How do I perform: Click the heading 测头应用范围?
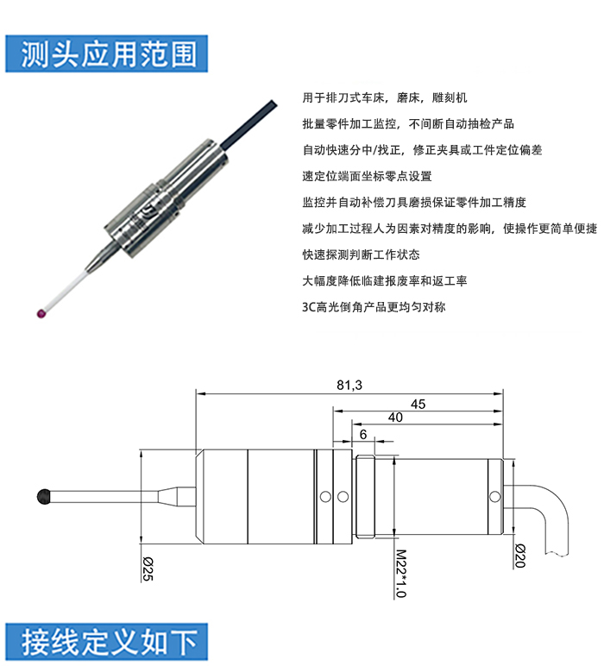tap(109, 54)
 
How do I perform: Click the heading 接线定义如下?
tap(110, 642)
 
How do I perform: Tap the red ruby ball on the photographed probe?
tap(41, 313)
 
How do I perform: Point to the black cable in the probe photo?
tap(249, 123)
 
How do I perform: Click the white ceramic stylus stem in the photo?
tap(66, 290)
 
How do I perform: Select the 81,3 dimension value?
tap(349, 385)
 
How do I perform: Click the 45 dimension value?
tap(418, 404)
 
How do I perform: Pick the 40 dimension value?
tap(395, 418)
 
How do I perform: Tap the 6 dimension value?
tap(363, 435)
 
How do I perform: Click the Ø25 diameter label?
tap(148, 569)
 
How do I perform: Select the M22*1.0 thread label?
tap(401, 574)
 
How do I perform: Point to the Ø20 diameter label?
tap(520, 556)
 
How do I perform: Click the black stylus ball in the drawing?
tap(44, 497)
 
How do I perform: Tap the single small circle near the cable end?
tap(494, 497)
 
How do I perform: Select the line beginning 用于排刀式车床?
tap(385, 97)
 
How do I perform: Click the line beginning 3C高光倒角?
tap(374, 306)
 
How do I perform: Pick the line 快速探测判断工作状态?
tap(361, 254)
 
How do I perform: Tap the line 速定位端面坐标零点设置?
tap(367, 176)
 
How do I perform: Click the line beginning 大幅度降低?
tap(385, 280)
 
